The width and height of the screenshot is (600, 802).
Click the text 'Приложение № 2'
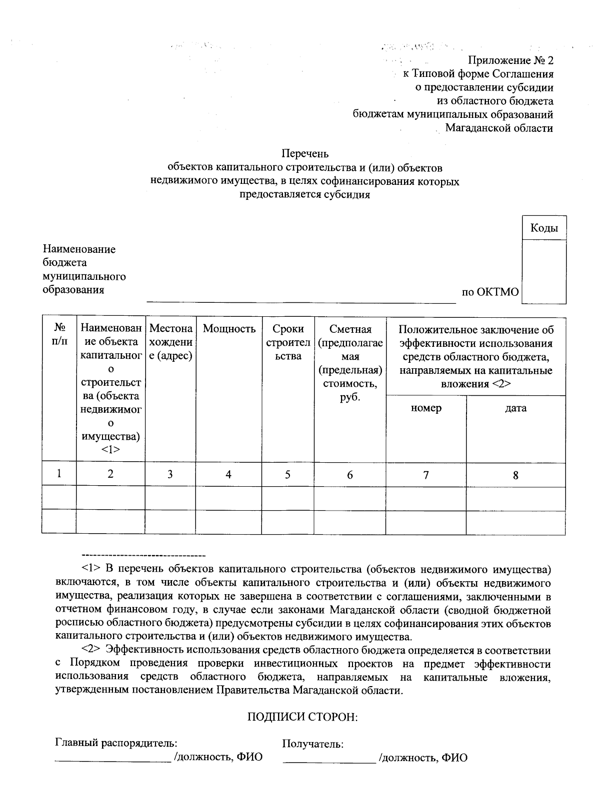pos(510,61)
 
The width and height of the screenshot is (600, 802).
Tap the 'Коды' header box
pos(543,228)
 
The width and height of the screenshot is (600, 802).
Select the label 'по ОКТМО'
pos(490,292)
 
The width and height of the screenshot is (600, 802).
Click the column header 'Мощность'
pos(228,329)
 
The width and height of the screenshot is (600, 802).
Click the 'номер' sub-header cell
pos(426,408)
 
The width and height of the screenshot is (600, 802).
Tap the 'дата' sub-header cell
pos(515,408)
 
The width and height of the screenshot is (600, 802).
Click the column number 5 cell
pos(287,474)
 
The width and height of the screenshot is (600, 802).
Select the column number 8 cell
pos(515,475)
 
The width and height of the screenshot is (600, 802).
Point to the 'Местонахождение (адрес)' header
pos(170,343)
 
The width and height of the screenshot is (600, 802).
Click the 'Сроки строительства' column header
pos(287,342)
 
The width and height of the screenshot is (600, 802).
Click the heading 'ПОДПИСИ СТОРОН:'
pos(303,717)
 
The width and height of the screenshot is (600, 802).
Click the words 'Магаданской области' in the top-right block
pos(498,128)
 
